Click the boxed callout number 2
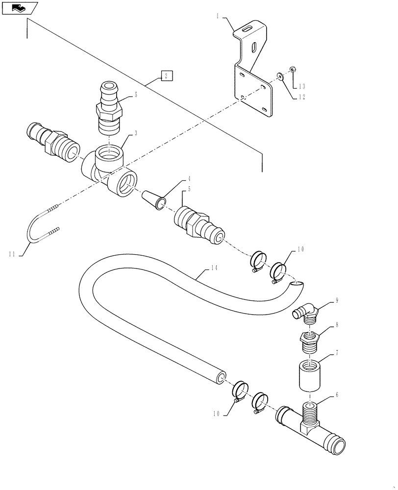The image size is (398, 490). pyautogui.click(x=166, y=76)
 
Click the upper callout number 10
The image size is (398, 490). pyautogui.click(x=301, y=249)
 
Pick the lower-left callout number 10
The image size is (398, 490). pyautogui.click(x=216, y=413)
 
